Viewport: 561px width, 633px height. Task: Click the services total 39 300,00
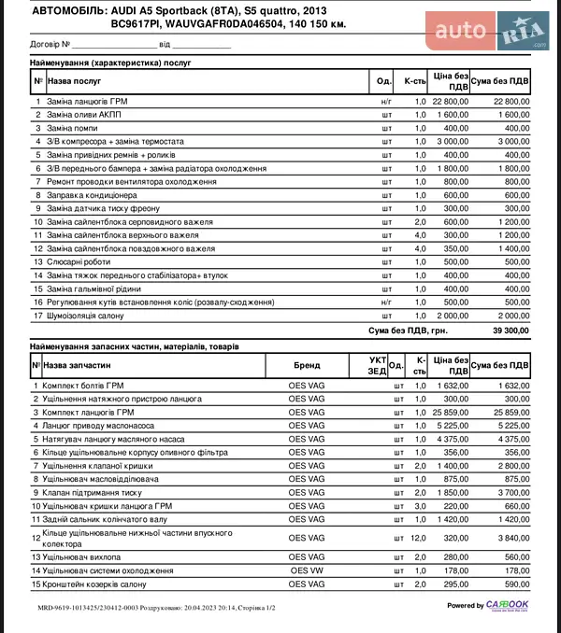511,331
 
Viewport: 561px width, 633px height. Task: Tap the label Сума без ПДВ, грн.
408,331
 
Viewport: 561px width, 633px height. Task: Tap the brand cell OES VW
306,570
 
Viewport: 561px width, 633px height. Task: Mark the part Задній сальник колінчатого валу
102,518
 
